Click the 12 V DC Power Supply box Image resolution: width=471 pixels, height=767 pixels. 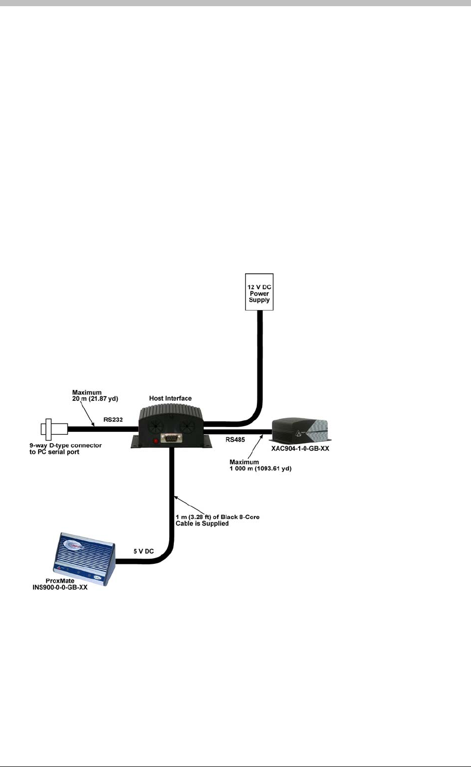259,292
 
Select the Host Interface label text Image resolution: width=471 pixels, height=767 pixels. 170,398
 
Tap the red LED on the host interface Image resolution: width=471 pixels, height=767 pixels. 155,441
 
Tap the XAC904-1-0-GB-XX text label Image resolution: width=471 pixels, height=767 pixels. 300,449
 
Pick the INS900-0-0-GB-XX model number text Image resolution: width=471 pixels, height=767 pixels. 60,588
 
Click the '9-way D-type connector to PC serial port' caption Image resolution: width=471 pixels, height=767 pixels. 71,448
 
